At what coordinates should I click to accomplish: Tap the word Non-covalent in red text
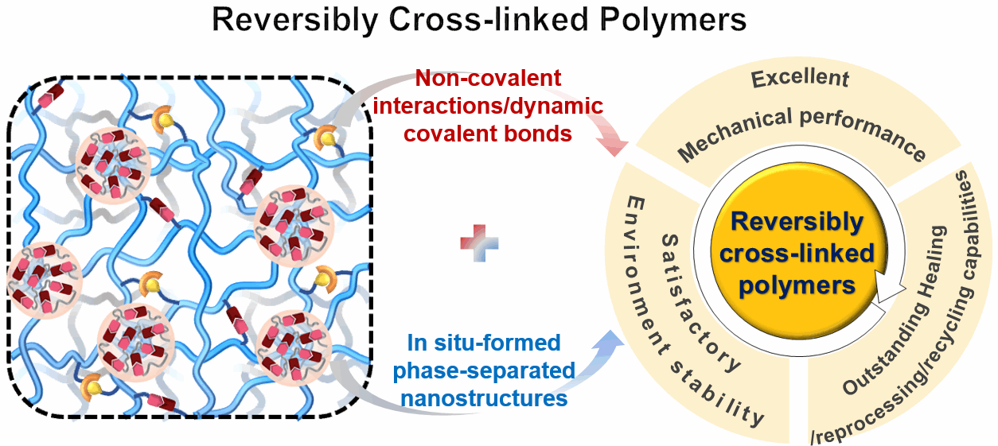coord(488,79)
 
